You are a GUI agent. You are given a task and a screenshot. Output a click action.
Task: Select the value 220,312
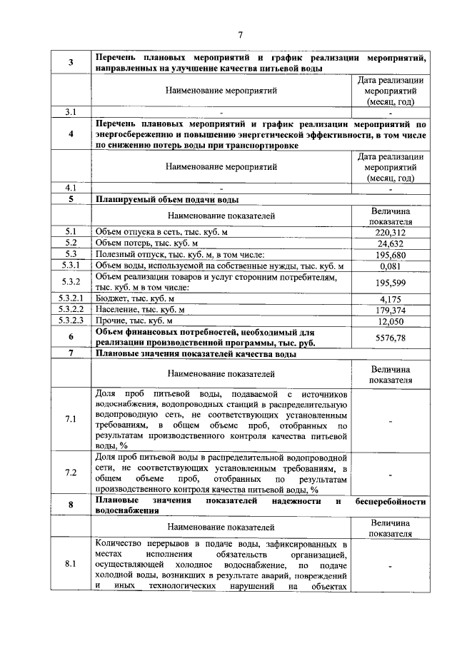(390, 232)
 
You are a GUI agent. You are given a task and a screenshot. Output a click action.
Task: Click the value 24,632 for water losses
(390, 243)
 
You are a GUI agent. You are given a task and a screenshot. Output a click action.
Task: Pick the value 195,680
(390, 255)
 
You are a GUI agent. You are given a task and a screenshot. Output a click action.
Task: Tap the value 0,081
(390, 266)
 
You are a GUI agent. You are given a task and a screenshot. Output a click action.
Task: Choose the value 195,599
(390, 283)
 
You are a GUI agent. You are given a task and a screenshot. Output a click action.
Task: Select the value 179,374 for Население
(390, 310)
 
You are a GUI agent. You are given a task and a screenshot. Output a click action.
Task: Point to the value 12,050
(390, 321)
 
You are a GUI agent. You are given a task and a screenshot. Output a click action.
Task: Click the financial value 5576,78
(390, 337)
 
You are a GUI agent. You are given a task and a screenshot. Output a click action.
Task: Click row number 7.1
(71, 418)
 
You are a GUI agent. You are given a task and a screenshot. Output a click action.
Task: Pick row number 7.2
(71, 473)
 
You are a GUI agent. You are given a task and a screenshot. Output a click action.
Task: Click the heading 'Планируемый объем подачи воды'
(167, 199)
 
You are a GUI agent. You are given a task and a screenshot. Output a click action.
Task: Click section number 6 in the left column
(71, 337)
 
